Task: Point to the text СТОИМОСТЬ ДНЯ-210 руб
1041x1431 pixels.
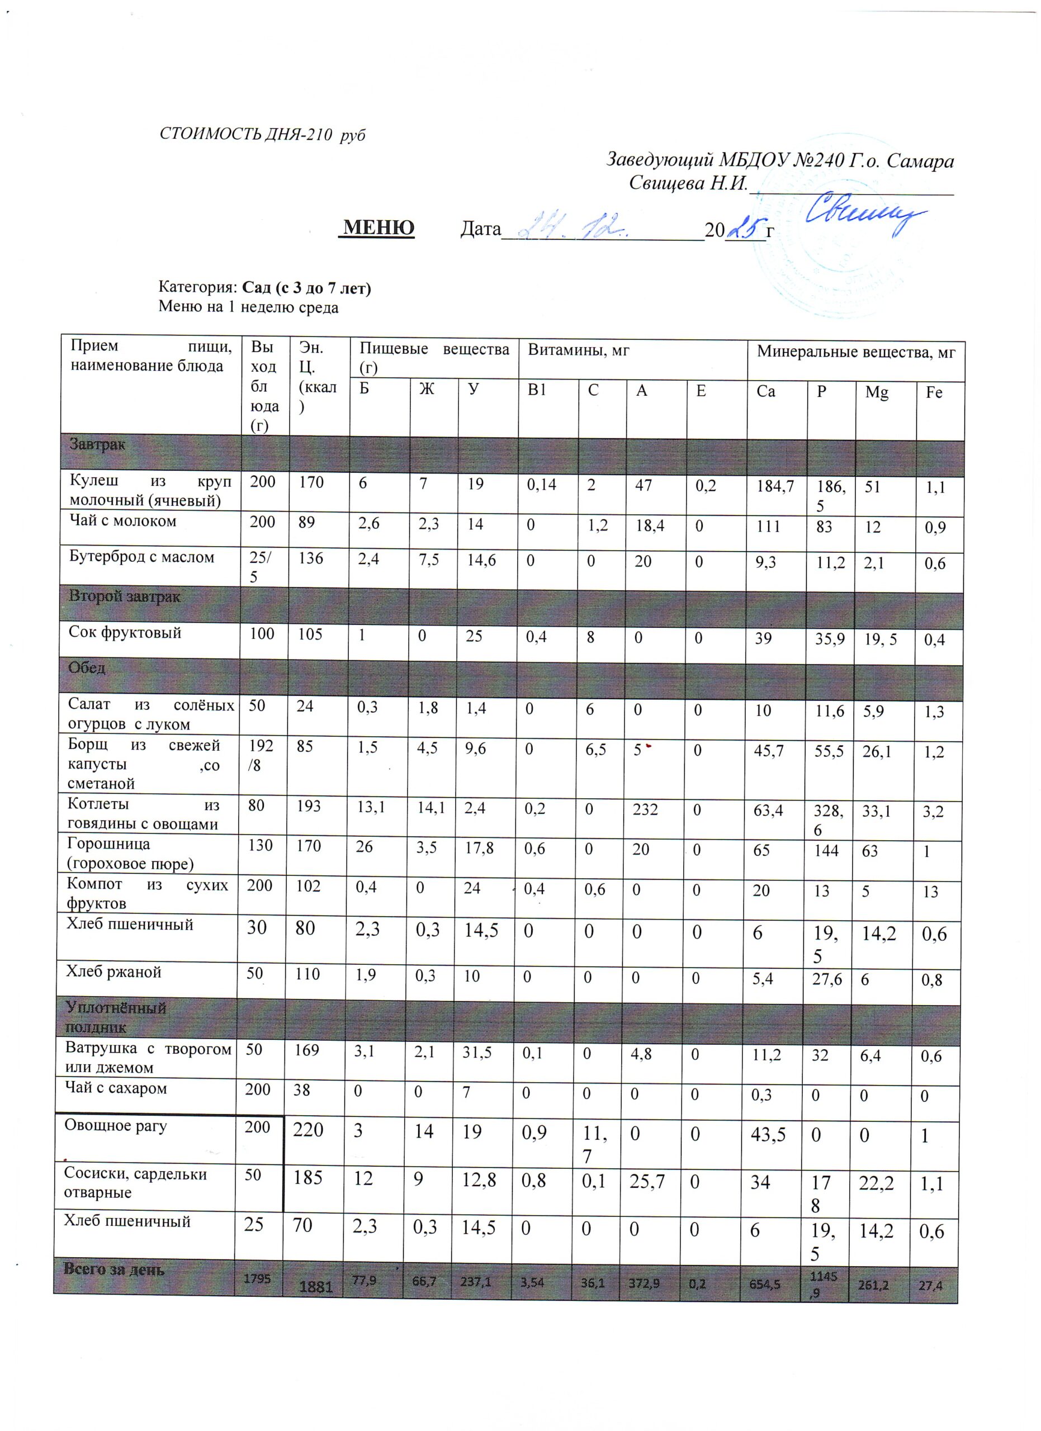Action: click(x=262, y=134)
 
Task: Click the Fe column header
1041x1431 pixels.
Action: click(x=934, y=392)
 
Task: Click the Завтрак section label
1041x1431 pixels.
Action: click(x=97, y=444)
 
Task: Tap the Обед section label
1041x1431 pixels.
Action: click(x=87, y=667)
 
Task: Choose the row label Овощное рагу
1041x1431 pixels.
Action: click(x=116, y=1126)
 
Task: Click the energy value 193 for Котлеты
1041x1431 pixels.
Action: click(x=309, y=807)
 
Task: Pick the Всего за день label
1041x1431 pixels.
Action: click(x=113, y=1269)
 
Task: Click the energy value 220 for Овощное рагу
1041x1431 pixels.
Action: click(x=307, y=1129)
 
